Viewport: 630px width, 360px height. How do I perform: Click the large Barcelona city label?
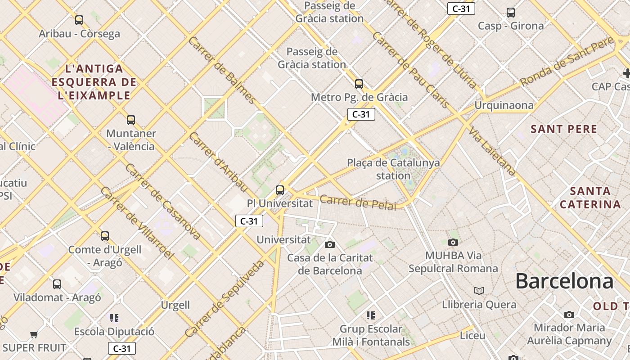pyautogui.click(x=564, y=281)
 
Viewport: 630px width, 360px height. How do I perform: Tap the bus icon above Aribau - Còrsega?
pyautogui.click(x=79, y=20)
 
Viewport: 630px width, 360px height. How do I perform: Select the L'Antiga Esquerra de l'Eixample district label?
pyautogui.click(x=94, y=82)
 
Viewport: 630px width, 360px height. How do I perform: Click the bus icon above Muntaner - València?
pyautogui.click(x=131, y=120)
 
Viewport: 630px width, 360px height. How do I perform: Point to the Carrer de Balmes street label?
pyautogui.click(x=222, y=70)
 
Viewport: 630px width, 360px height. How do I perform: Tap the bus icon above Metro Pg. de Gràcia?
pyautogui.click(x=359, y=84)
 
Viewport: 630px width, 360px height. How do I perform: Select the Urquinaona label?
pyautogui.click(x=504, y=105)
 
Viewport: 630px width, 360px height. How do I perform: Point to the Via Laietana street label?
pyautogui.click(x=492, y=151)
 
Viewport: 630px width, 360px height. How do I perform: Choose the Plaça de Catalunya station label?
pyautogui.click(x=393, y=169)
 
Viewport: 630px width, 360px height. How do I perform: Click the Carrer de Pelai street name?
pyautogui.click(x=358, y=202)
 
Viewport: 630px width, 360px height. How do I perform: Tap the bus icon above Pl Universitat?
pyautogui.click(x=280, y=190)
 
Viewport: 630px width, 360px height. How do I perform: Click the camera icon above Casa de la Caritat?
pyautogui.click(x=330, y=244)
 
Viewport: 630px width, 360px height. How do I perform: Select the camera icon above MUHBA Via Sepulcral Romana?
pyautogui.click(x=453, y=242)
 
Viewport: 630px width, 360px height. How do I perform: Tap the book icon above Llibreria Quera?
pyautogui.click(x=479, y=291)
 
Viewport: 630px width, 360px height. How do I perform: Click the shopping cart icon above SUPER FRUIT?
pyautogui.click(x=34, y=334)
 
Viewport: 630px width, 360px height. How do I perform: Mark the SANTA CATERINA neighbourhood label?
pyautogui.click(x=590, y=198)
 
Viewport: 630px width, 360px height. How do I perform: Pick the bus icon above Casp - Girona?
pyautogui.click(x=511, y=13)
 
